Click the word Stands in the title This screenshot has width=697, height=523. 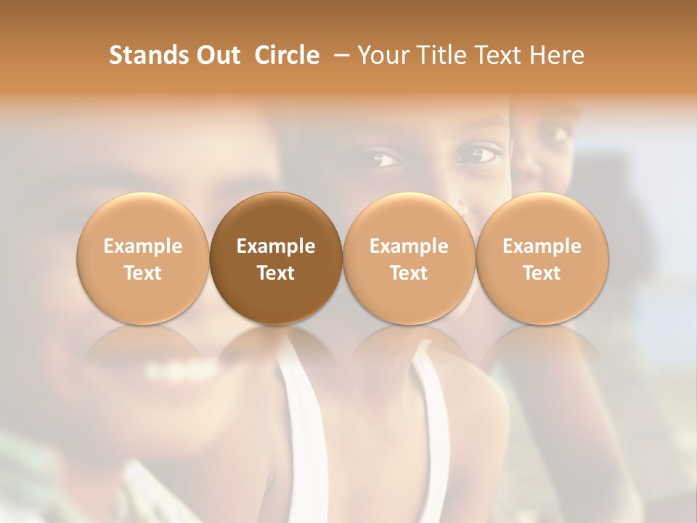[143, 55]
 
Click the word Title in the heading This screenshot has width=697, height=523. [438, 55]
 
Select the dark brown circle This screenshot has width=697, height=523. [276, 258]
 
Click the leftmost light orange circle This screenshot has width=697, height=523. [142, 258]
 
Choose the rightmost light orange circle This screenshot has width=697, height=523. [542, 258]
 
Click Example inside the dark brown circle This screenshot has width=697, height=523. [276, 246]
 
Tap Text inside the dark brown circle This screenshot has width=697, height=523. [276, 273]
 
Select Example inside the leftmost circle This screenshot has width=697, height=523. [142, 246]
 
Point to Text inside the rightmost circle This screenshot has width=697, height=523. [542, 273]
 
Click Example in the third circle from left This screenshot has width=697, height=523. [409, 246]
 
